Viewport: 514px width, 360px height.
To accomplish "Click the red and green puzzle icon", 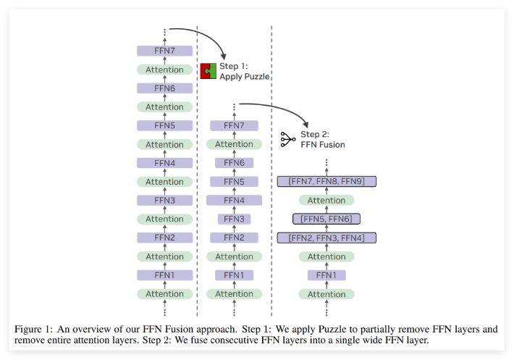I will click(x=209, y=71).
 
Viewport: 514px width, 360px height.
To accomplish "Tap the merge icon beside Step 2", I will click(x=288, y=139).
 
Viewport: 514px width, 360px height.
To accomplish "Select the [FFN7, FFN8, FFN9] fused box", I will click(x=326, y=182).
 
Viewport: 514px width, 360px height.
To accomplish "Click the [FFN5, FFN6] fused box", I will click(x=326, y=219).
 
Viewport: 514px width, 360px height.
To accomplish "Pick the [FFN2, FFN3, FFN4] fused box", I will click(x=326, y=238).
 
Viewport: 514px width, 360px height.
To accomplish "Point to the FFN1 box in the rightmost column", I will click(x=326, y=275).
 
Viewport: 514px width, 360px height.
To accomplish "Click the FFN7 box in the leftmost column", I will click(x=165, y=51).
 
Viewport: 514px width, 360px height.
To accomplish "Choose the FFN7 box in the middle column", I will click(x=234, y=125).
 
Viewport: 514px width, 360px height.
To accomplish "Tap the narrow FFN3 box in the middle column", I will click(x=234, y=219).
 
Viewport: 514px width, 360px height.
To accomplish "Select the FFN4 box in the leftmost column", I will click(x=165, y=163).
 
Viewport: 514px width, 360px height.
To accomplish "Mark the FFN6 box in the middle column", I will click(x=234, y=163).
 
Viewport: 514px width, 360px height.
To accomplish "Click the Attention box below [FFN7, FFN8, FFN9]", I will click(x=326, y=201).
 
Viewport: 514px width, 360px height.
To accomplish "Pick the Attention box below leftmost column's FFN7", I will click(x=165, y=70).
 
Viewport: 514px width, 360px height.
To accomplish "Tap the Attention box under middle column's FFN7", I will click(x=234, y=144).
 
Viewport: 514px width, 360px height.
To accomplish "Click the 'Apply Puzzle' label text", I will click(x=245, y=76).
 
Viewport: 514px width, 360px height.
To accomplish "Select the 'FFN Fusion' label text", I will click(x=323, y=144).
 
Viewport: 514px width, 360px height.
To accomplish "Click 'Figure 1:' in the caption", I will click(x=35, y=329).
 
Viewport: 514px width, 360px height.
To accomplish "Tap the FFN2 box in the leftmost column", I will click(x=165, y=238).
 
